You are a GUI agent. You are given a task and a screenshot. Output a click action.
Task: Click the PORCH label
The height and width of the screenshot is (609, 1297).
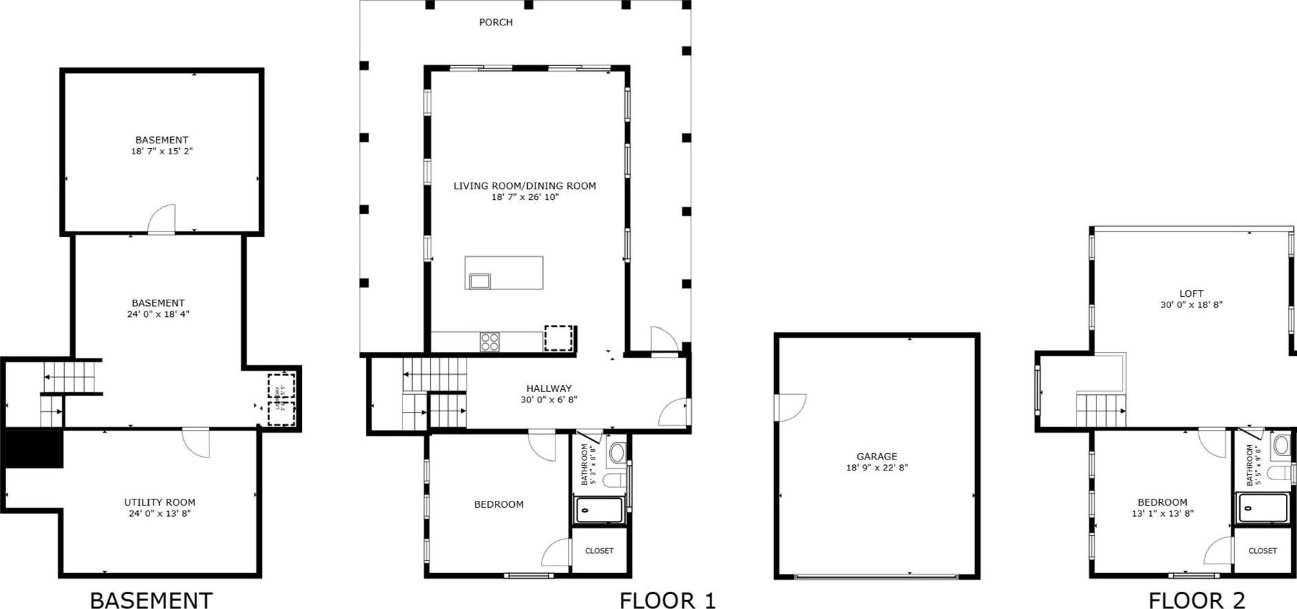click(x=496, y=22)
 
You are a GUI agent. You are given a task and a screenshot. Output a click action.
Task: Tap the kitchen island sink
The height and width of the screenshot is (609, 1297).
click(x=480, y=280)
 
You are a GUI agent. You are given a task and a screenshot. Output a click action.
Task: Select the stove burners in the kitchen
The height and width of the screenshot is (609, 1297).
click(x=489, y=342)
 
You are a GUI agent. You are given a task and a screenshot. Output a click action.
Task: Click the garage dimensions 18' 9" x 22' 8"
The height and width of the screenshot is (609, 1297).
click(x=877, y=468)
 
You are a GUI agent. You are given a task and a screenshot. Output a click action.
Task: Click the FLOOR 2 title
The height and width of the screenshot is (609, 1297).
click(x=1196, y=600)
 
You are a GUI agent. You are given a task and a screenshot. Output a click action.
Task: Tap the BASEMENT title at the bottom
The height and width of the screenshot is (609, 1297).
click(x=151, y=600)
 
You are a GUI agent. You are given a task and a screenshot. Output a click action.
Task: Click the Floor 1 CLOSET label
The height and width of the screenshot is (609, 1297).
click(x=599, y=551)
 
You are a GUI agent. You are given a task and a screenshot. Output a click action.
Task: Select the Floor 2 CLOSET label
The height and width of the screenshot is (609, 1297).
click(x=1262, y=551)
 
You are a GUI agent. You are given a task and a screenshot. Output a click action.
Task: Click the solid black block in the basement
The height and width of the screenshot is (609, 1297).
click(x=34, y=449)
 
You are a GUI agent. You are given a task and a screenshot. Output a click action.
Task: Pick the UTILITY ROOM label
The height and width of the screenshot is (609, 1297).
click(x=160, y=502)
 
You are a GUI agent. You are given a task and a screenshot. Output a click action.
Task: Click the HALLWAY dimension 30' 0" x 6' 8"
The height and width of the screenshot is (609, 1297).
click(x=549, y=400)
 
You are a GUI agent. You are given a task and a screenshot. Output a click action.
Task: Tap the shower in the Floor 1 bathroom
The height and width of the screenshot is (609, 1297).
click(x=599, y=510)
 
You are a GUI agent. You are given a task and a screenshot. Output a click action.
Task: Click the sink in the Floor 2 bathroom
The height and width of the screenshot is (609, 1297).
click(x=1281, y=445)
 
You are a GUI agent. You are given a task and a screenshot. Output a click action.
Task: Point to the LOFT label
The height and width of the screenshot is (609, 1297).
click(x=1191, y=293)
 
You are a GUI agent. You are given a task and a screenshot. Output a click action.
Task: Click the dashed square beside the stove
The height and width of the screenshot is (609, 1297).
click(x=559, y=338)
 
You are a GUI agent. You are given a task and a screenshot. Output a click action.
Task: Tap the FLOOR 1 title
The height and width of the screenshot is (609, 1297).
click(x=667, y=600)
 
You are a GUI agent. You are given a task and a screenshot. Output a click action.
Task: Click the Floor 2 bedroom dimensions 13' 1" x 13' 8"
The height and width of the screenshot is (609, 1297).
click(x=1162, y=513)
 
